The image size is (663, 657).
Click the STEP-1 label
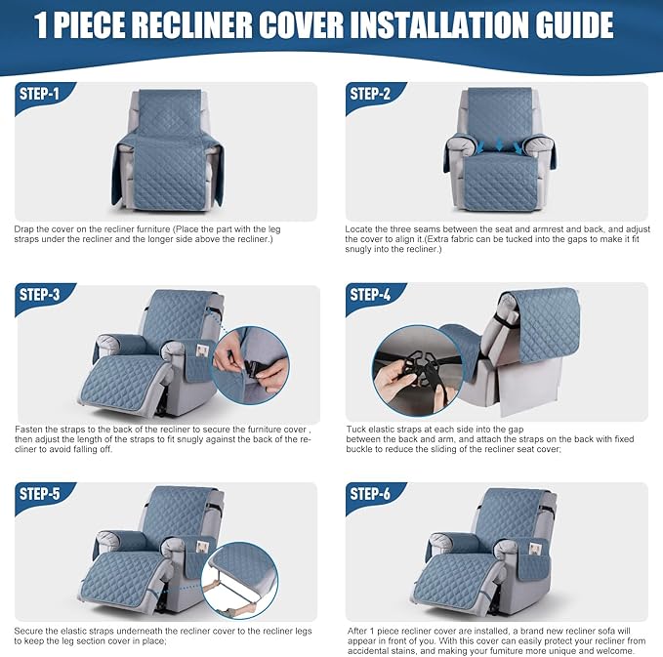[x=39, y=94]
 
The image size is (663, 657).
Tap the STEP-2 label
[x=370, y=94]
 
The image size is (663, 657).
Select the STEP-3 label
[x=39, y=295]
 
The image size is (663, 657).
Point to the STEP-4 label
[x=370, y=295]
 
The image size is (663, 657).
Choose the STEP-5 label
[x=39, y=494]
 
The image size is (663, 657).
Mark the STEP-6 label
[x=370, y=494]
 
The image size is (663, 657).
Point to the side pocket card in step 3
[x=202, y=350]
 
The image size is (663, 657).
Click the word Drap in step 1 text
[x=24, y=229]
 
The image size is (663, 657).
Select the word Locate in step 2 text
[x=358, y=229]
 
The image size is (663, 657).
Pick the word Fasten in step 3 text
[x=28, y=430]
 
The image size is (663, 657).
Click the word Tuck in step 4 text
[x=356, y=430]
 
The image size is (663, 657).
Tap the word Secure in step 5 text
[x=28, y=632]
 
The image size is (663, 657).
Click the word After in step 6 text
[x=357, y=632]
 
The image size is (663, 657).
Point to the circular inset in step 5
[x=240, y=581]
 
